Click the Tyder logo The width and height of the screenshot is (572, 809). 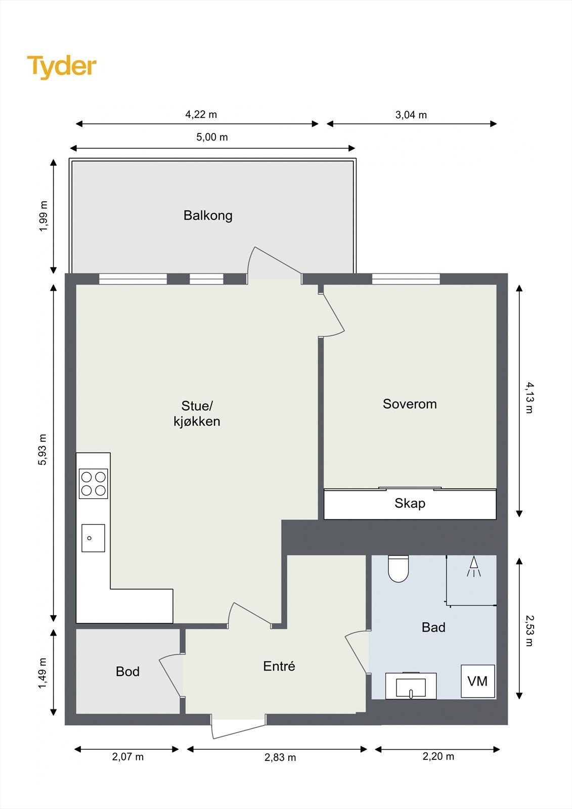62,67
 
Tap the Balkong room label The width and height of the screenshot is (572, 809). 208,215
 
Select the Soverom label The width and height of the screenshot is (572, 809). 410,404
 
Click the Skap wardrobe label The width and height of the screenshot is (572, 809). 410,503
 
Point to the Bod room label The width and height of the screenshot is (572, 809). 127,671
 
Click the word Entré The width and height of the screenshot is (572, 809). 279,666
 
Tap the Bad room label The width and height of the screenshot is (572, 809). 433,627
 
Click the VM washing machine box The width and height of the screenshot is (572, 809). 478,681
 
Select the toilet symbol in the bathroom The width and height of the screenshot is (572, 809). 398,568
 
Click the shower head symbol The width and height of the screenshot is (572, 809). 474,566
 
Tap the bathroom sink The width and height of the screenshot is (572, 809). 411,686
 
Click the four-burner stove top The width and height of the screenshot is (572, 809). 93,483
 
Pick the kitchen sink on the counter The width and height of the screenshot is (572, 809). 93,538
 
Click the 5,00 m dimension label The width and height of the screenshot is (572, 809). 212,137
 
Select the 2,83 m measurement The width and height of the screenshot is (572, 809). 280,757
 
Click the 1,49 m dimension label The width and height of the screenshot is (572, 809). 42,673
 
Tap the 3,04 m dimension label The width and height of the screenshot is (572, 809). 411,115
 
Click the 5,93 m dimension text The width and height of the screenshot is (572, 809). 42,450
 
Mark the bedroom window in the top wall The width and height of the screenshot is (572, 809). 406,279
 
